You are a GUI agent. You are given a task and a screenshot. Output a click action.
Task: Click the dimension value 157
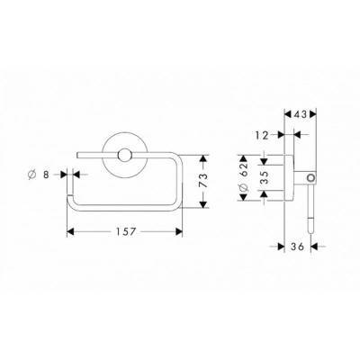click(126, 231)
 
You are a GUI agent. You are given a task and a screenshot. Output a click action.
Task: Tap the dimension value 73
click(203, 180)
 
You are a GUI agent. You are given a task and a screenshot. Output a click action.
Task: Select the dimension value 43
click(301, 114)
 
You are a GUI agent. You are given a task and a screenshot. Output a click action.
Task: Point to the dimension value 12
click(262, 135)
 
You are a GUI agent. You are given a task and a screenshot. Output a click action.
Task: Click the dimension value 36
click(297, 247)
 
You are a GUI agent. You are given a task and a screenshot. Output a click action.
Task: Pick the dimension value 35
click(264, 177)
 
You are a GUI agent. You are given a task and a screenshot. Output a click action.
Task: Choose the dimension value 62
click(244, 169)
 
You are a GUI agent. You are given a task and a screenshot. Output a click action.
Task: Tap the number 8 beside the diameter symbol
click(46, 175)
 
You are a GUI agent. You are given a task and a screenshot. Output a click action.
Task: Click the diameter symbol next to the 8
click(31, 175)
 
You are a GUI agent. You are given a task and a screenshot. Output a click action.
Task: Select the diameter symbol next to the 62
click(244, 187)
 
